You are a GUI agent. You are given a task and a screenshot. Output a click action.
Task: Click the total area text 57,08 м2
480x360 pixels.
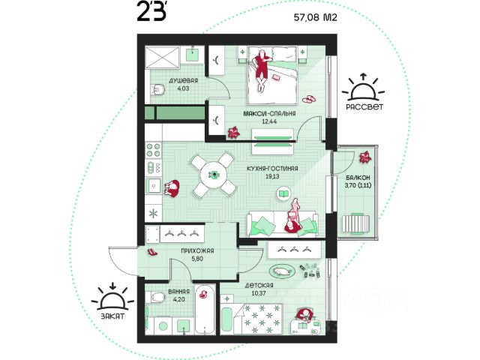315,17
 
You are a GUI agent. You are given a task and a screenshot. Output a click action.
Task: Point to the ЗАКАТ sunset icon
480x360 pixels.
113,296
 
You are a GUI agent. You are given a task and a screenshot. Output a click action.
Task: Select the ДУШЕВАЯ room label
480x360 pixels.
183,80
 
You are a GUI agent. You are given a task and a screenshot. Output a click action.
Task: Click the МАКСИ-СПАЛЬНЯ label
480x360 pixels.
269,113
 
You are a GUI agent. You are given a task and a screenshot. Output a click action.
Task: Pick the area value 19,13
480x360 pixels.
272,176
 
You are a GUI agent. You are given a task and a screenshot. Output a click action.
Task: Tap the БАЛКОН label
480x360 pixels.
358,178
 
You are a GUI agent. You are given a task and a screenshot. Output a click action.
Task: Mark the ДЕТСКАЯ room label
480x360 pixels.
259,285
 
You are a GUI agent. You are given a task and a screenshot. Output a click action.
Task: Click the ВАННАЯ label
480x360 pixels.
178,292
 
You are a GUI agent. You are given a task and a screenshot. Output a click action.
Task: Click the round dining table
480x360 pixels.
214,175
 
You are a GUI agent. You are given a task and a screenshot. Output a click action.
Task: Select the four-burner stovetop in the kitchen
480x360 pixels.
153,150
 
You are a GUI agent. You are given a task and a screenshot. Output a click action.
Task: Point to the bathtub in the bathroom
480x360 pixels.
205,310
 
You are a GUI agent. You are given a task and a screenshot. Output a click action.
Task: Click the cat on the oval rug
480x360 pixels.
282,271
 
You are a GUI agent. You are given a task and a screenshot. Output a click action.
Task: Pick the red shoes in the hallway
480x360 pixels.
152,252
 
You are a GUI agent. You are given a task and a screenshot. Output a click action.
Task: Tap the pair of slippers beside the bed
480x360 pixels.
310,99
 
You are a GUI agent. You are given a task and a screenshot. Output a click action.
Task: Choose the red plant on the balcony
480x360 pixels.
365,157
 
